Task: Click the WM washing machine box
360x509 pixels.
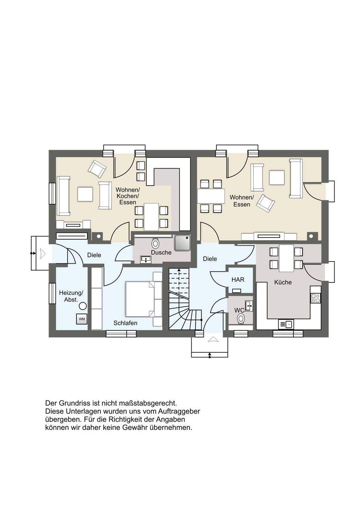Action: (82, 319)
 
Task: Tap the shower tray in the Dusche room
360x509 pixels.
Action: (182, 243)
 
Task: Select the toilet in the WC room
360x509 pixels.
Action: (240, 318)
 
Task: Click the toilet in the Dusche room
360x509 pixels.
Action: (156, 243)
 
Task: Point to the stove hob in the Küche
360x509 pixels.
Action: (315, 298)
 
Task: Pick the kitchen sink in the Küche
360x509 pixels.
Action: (286, 324)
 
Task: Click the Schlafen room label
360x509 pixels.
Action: (126, 323)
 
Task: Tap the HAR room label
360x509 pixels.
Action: (238, 280)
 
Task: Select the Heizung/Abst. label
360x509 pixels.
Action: (71, 296)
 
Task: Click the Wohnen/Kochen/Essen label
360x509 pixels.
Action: (128, 196)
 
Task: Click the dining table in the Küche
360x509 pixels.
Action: (286, 258)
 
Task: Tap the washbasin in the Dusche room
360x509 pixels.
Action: (146, 259)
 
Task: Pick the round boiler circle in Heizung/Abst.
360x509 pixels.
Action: (83, 306)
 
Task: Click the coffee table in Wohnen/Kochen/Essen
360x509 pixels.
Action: (85, 194)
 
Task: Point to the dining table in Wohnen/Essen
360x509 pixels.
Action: (211, 196)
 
